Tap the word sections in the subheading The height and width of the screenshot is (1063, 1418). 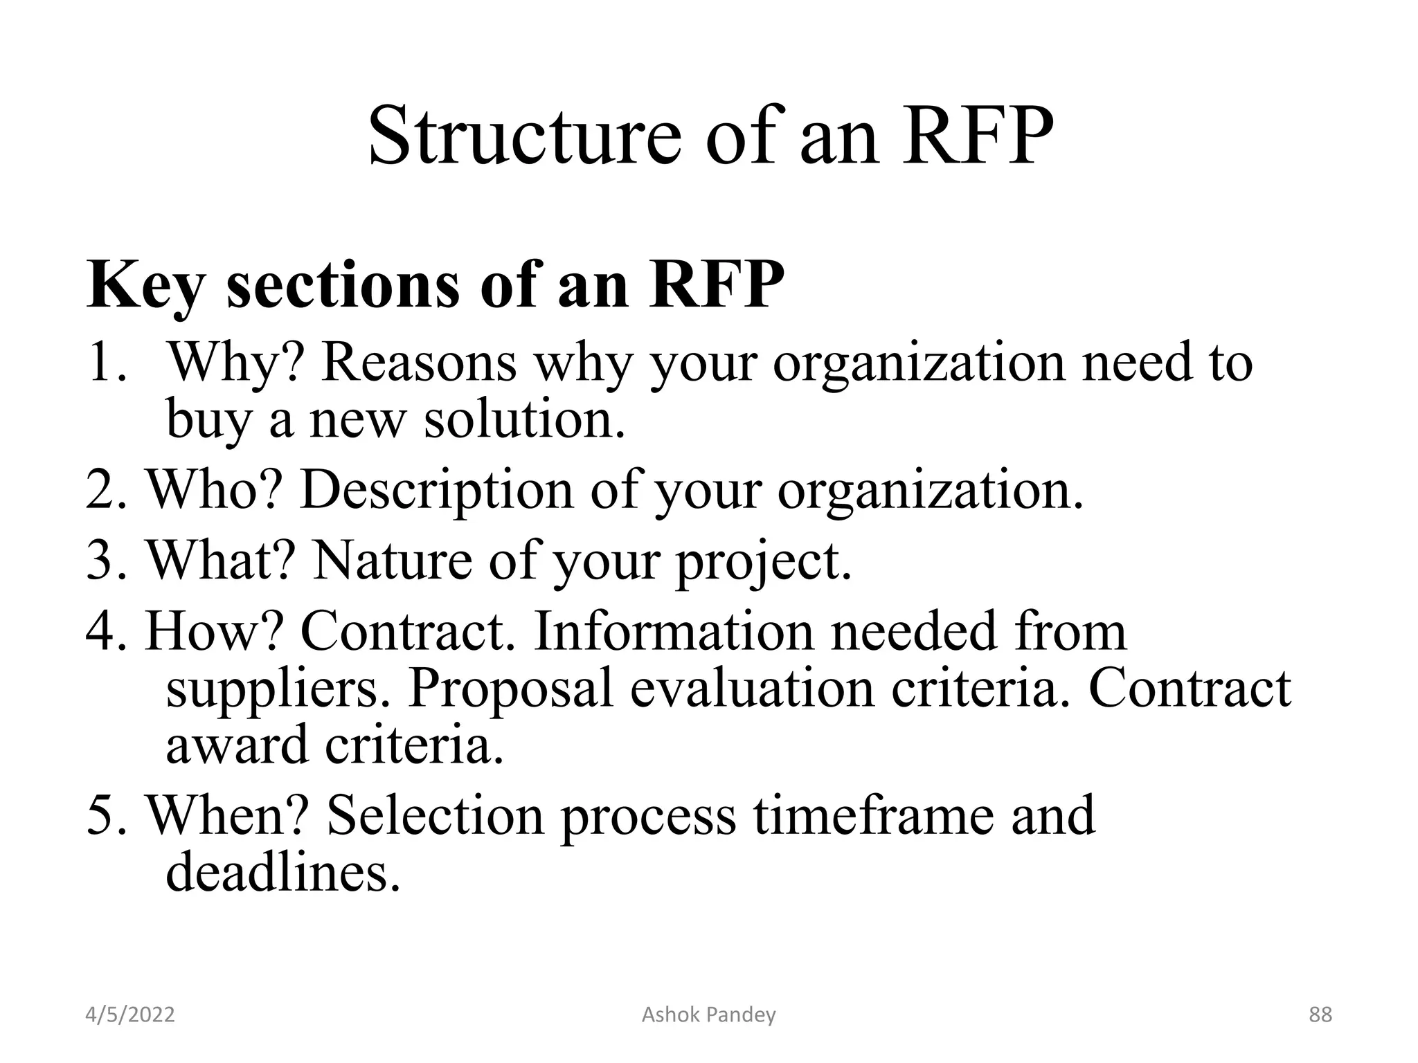[343, 286]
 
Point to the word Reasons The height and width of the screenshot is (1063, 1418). [419, 363]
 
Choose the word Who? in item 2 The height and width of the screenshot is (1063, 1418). [215, 490]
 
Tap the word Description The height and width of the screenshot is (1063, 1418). [437, 490]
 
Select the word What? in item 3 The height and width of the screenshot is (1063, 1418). [221, 561]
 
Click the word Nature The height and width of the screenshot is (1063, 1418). [392, 561]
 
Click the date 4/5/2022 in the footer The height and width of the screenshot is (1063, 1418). [130, 1015]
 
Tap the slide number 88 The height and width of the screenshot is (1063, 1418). [1320, 1015]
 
